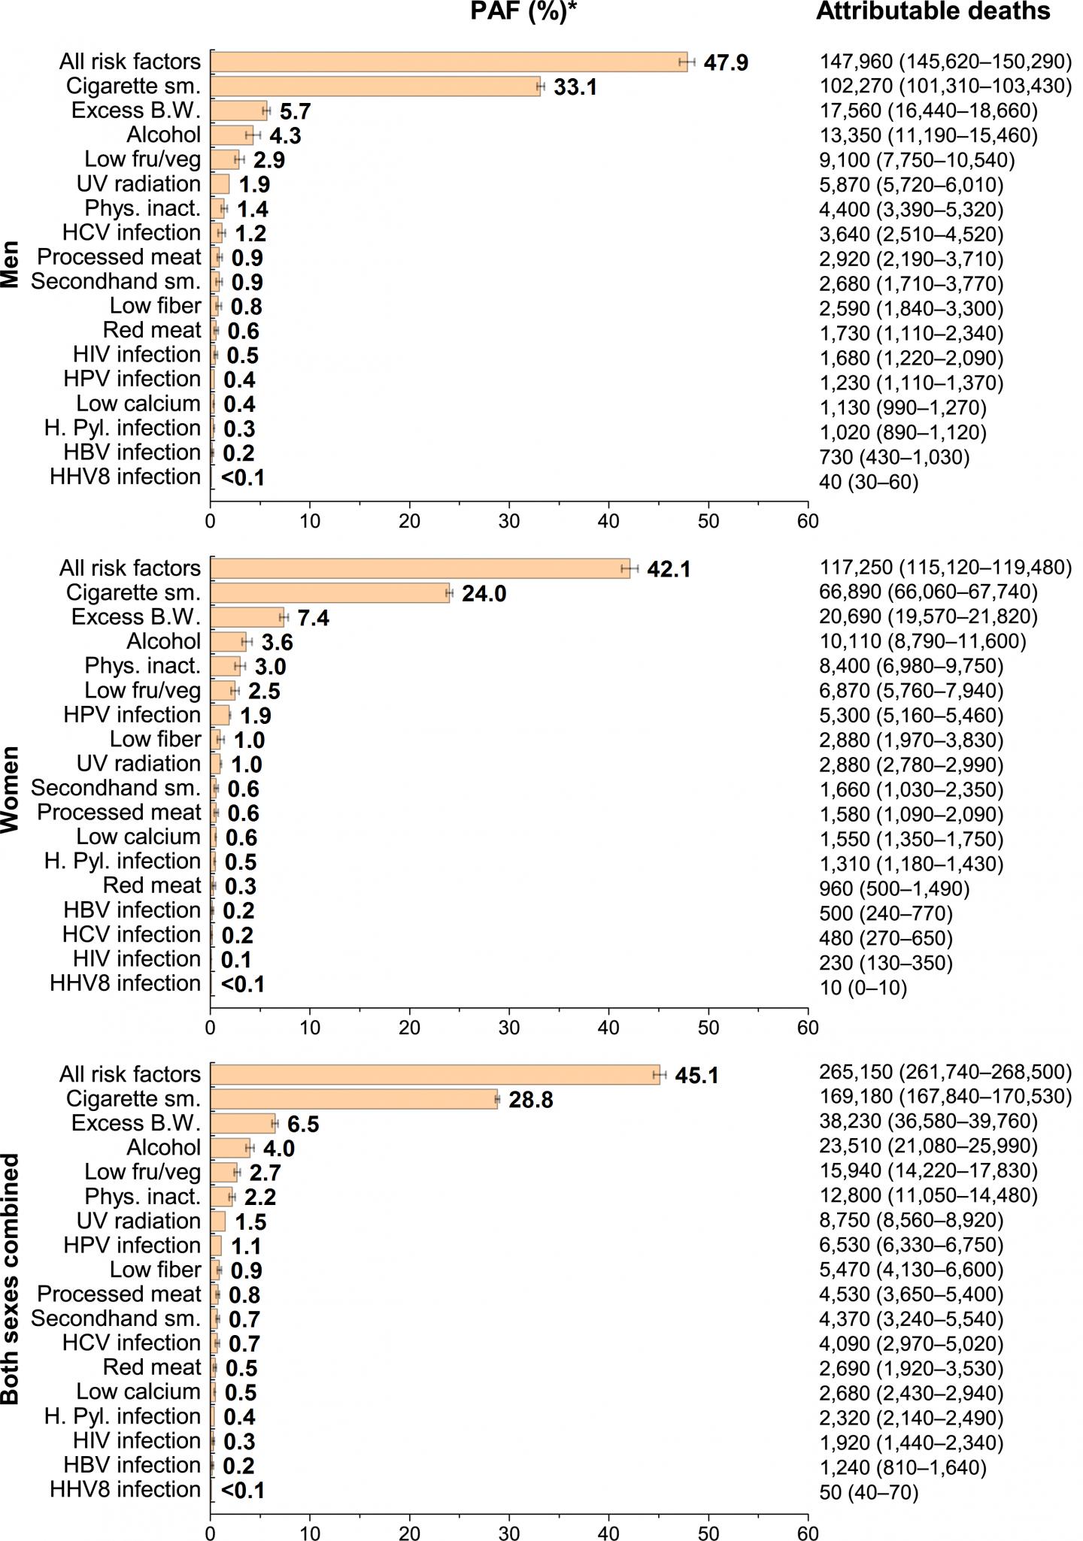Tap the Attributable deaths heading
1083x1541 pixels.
933,12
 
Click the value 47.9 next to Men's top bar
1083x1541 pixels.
726,62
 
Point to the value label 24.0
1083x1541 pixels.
484,594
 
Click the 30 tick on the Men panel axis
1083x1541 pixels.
509,521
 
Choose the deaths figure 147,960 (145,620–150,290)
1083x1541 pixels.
945,62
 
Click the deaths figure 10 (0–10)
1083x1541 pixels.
863,988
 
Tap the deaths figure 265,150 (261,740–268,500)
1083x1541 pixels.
945,1073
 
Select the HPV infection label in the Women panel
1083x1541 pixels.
132,715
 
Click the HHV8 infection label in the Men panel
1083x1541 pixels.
126,477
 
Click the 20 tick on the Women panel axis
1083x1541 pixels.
410,1027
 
